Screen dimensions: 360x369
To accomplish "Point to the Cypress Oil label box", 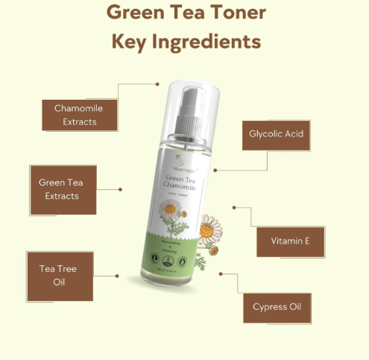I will pyautogui.click(x=277, y=306).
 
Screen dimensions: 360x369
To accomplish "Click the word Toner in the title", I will pyautogui.click(x=234, y=12).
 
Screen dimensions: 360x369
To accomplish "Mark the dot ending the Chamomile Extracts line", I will pyautogui.click(x=158, y=84).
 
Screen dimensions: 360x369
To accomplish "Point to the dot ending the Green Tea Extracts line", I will pyautogui.click(x=121, y=189).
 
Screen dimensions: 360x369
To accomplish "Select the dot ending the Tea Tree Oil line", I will pyautogui.click(x=117, y=275).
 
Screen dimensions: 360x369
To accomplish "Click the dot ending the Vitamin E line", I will pyautogui.click(x=233, y=208).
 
